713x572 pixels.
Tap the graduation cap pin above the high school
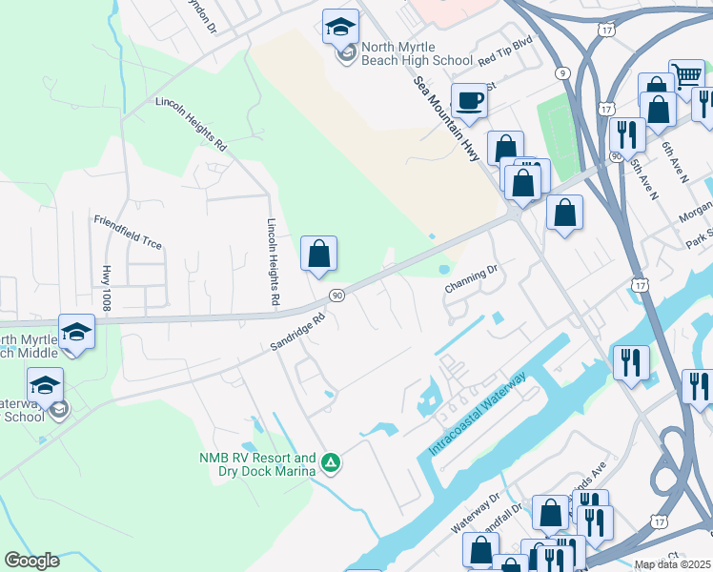[x=340, y=28]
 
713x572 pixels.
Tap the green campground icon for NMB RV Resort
[x=331, y=463]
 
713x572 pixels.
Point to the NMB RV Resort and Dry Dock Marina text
[x=256, y=464]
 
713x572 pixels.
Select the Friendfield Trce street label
[x=128, y=233]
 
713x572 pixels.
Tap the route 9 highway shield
[x=563, y=72]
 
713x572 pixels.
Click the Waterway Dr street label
[x=476, y=512]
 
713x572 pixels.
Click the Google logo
[x=31, y=561]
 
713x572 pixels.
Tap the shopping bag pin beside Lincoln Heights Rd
[x=318, y=255]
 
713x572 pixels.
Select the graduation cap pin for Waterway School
[x=45, y=386]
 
